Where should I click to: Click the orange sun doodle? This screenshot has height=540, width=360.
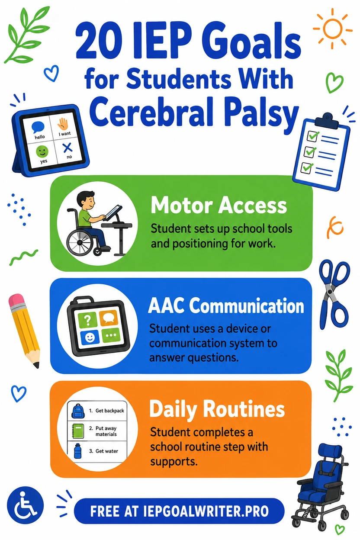pos(332,29)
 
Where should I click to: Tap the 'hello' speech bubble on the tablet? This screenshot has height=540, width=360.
pos(38,127)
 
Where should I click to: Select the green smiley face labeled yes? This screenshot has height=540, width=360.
pos(42,151)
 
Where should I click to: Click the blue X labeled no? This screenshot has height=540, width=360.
pos(67,148)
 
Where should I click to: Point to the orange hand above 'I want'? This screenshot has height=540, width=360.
pos(63,124)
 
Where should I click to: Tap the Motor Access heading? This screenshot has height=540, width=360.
pos(219,206)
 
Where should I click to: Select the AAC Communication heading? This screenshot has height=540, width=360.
pos(226,305)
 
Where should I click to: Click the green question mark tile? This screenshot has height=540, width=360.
pos(88,319)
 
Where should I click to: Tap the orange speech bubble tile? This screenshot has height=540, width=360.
pos(109,318)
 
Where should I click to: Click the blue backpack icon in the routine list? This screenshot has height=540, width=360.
pos(78,411)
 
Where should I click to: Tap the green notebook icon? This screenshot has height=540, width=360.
pos(78,431)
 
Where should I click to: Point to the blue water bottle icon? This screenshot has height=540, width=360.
pos(77,450)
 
